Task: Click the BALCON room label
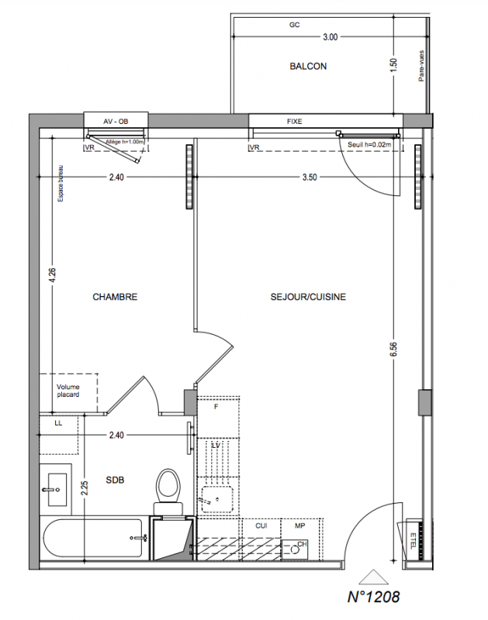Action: [x=308, y=66]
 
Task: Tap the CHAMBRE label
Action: [x=115, y=297]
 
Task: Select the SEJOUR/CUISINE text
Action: [x=308, y=297]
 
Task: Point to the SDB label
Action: [x=115, y=480]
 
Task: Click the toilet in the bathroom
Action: [x=168, y=491]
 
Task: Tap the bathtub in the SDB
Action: [x=93, y=538]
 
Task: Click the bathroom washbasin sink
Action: [x=55, y=490]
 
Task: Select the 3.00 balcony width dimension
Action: [x=330, y=36]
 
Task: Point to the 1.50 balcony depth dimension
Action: [x=393, y=66]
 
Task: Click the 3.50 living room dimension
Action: [x=310, y=177]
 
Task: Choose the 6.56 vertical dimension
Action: [x=393, y=349]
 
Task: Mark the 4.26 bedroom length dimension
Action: [x=52, y=276]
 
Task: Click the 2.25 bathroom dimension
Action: [x=85, y=488]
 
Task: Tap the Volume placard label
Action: [x=68, y=391]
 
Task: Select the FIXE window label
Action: [x=295, y=122]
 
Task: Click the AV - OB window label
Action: [x=116, y=122]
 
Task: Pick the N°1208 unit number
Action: [x=373, y=597]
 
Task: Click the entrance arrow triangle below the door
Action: [x=373, y=577]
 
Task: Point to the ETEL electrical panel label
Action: [x=413, y=541]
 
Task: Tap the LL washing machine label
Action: [x=58, y=423]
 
